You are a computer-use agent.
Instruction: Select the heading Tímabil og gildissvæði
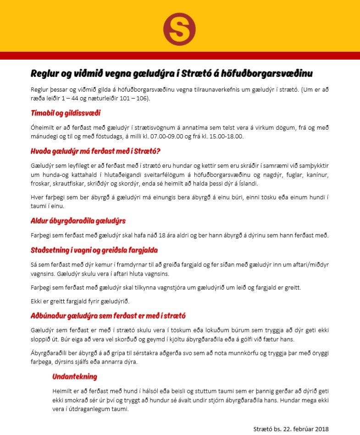(66, 113)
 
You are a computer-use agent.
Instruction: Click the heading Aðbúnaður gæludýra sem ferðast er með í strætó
(108, 316)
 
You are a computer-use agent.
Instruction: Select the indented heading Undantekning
(74, 377)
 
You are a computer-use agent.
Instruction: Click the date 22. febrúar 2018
(305, 429)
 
